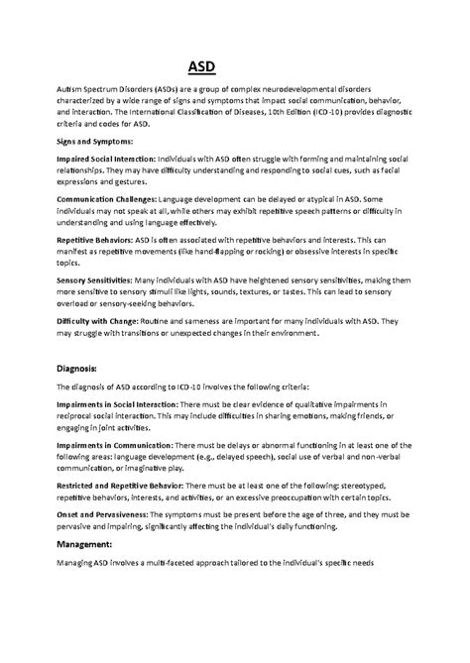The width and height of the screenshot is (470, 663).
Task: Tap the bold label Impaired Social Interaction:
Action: click(x=111, y=157)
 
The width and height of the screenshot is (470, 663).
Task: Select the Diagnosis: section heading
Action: click(x=82, y=368)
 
